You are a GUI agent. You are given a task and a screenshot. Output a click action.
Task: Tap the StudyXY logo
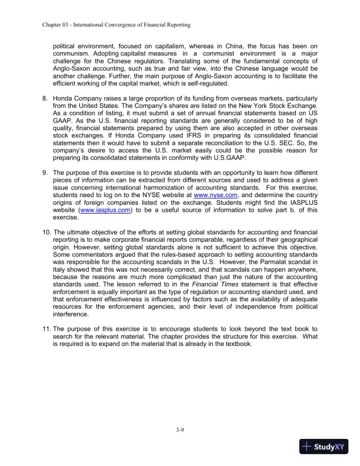coord(323,447)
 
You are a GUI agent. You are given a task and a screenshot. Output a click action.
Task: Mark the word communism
coord(73,54)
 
